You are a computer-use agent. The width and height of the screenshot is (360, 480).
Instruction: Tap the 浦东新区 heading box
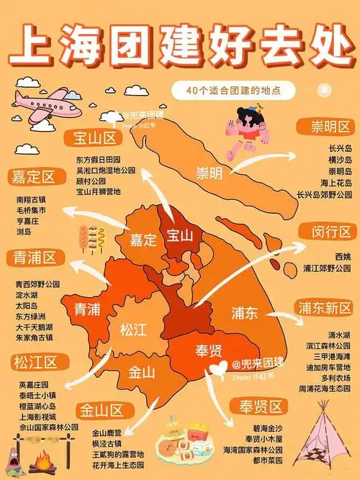click(325, 308)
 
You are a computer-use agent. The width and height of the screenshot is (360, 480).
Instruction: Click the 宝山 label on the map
click(180, 235)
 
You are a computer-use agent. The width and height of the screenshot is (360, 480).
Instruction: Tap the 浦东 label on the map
click(245, 314)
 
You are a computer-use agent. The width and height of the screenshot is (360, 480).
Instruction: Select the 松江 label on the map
click(133, 330)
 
